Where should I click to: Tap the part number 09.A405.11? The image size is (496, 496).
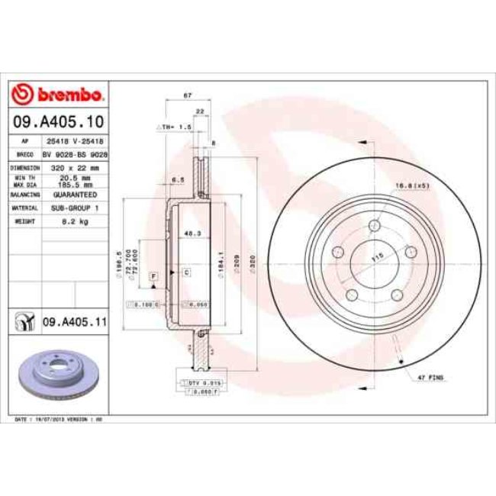pyautogui.click(x=74, y=324)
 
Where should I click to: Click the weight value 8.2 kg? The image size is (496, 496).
pyautogui.click(x=75, y=221)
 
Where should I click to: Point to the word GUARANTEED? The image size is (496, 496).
pyautogui.click(x=75, y=195)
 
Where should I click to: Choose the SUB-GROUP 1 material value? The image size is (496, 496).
pyautogui.click(x=75, y=208)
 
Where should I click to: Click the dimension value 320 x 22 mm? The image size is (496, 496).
pyautogui.click(x=75, y=166)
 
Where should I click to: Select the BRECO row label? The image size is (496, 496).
pyautogui.click(x=24, y=153)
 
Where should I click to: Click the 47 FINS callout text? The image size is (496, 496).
pyautogui.click(x=431, y=378)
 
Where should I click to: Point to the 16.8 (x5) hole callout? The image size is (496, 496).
pyautogui.click(x=412, y=184)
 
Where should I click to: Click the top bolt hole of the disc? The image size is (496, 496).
pyautogui.click(x=374, y=226)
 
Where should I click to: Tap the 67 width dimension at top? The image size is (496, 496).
pyautogui.click(x=187, y=95)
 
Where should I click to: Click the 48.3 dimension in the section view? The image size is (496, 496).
pyautogui.click(x=192, y=233)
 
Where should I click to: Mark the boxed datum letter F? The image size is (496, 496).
pyautogui.click(x=153, y=273)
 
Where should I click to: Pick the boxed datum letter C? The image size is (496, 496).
pyautogui.click(x=185, y=272)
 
